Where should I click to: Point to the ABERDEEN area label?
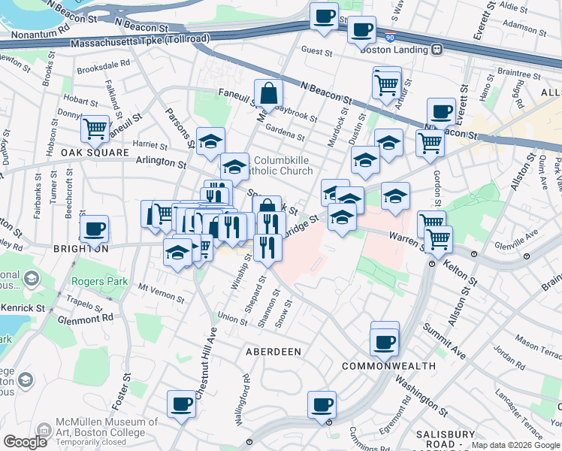[x=273, y=351]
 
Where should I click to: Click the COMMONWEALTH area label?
[x=388, y=366]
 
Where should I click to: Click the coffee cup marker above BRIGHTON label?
[x=95, y=228]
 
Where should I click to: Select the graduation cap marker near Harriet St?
[x=211, y=140]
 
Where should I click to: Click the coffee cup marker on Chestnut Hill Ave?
[x=181, y=404]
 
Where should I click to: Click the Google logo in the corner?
[x=26, y=441]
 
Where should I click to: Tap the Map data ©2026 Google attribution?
[x=515, y=445]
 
